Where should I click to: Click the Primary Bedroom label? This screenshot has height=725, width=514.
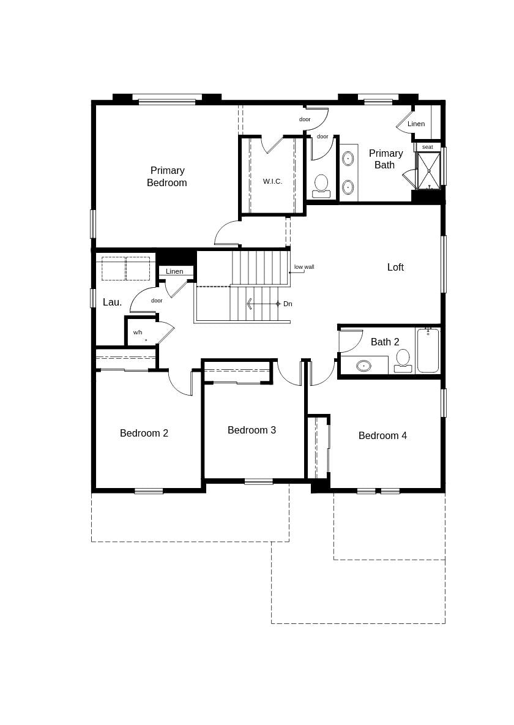(167, 176)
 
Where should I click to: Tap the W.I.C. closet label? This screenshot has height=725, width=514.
(272, 181)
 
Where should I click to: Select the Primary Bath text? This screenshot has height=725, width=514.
(386, 159)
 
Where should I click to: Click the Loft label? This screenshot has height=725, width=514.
(395, 267)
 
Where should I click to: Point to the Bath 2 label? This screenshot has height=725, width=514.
(385, 342)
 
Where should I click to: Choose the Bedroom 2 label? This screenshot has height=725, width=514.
(144, 433)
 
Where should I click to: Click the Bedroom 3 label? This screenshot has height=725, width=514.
(251, 430)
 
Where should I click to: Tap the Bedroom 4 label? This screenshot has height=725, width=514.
(382, 435)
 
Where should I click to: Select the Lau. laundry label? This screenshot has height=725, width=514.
(112, 302)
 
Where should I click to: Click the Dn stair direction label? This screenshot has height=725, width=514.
(288, 304)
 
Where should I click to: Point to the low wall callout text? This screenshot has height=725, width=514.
(304, 267)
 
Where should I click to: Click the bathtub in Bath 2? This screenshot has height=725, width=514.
(428, 350)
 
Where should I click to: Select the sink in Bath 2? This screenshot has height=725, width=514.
(363, 366)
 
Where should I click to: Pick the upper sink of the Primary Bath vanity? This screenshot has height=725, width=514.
(348, 159)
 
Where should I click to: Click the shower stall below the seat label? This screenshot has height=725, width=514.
(428, 171)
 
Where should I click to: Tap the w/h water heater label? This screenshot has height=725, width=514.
(138, 332)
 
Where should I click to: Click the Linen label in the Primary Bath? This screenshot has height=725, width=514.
(416, 124)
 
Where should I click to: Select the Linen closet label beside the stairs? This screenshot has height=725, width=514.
(174, 271)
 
